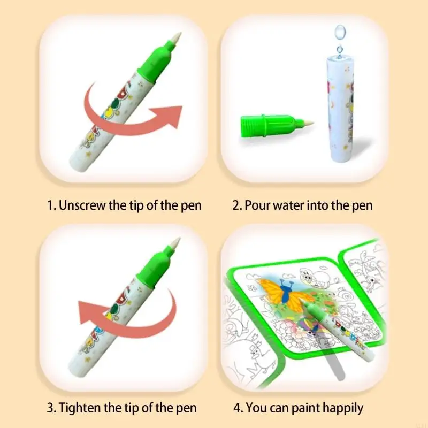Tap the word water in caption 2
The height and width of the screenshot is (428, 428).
point(286,205)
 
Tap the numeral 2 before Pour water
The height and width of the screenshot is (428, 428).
point(235,205)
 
